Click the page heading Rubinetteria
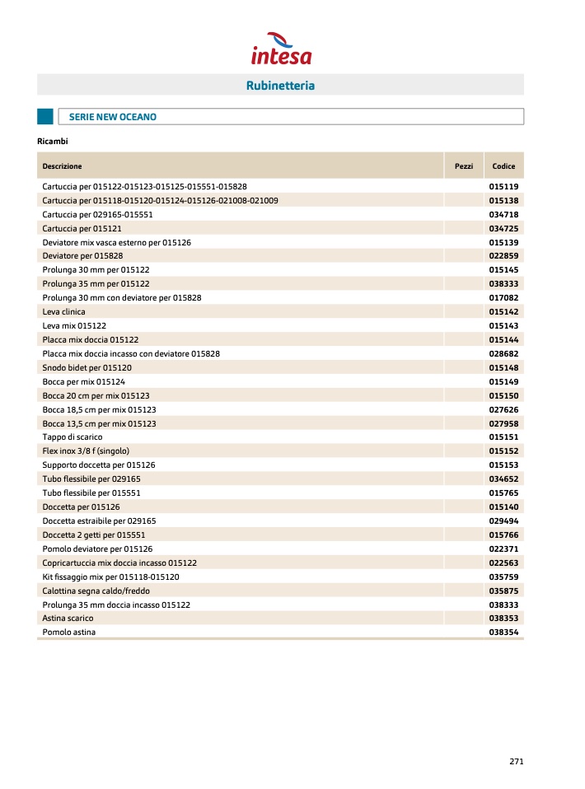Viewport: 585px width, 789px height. pos(280,86)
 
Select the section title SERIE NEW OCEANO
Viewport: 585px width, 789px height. pos(113,117)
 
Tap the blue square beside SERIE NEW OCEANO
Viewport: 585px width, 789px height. pos(45,117)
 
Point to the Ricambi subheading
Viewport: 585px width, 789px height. pos(52,141)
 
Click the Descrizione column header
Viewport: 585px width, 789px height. pos(63,166)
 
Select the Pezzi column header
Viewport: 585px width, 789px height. pos(464,166)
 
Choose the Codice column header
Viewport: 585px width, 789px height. pos(503,166)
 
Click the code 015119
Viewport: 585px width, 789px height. pos(503,187)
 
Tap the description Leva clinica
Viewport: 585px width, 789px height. pos(64,312)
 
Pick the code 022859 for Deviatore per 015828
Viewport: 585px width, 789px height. pos(503,256)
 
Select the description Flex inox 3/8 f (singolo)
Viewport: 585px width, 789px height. pos(86,451)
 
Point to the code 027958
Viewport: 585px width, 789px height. pos(503,423)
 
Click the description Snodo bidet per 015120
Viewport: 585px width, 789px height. pos(87,367)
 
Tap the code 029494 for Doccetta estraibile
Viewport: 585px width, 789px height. pos(503,521)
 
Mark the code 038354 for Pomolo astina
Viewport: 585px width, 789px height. pos(503,633)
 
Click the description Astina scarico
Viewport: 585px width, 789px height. pos(68,619)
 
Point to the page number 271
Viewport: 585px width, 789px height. pos(516,762)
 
